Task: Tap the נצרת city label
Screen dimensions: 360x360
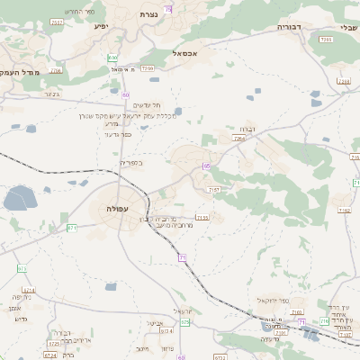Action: [149, 14]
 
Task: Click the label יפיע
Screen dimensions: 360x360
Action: [101, 27]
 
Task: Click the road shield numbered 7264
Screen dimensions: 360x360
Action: [238, 139]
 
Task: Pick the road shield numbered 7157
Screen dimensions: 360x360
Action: [213, 190]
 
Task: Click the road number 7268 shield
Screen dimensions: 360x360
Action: [344, 81]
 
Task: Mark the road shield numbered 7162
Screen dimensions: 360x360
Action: [345, 211]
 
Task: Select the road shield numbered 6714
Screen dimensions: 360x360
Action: [28, 291]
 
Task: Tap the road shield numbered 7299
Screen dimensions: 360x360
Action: [148, 68]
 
